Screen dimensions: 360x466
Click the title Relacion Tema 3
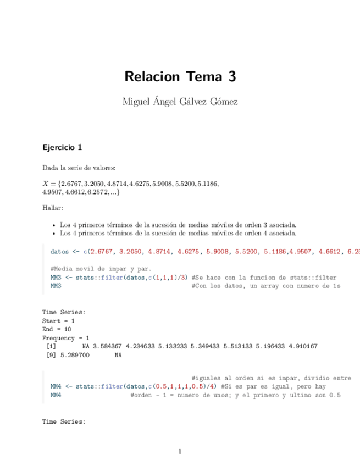[180, 76]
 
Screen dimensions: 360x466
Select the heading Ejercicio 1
[62, 147]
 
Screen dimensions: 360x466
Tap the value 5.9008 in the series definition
[152, 184]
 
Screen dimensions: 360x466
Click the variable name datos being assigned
[59, 252]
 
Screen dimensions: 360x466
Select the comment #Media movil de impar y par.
[101, 269]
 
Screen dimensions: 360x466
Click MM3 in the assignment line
[56, 278]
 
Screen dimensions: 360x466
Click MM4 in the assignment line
[56, 387]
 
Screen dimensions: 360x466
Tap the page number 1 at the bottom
[180, 452]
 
